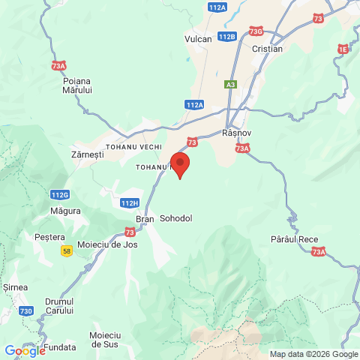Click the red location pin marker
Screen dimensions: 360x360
pyautogui.click(x=180, y=164)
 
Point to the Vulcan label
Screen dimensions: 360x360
pyautogui.click(x=198, y=38)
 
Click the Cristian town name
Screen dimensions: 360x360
pyautogui.click(x=268, y=49)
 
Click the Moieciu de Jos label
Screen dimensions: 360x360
pyautogui.click(x=107, y=245)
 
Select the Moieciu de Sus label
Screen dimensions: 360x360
pyautogui.click(x=105, y=339)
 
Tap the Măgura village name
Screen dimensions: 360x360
pyautogui.click(x=66, y=211)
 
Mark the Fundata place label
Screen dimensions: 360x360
pyautogui.click(x=59, y=347)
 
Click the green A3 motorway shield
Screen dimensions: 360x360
pyautogui.click(x=231, y=85)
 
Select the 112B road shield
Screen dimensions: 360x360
pyautogui.click(x=227, y=36)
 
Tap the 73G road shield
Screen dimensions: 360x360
pyautogui.click(x=256, y=31)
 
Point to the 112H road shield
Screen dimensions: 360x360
pyautogui.click(x=130, y=202)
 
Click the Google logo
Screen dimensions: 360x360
pyautogui.click(x=25, y=350)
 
